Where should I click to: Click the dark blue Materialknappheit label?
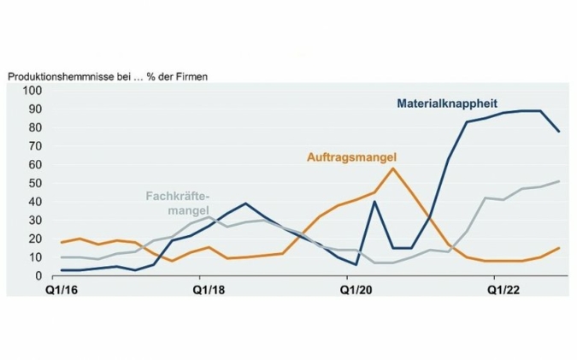pos(447,104)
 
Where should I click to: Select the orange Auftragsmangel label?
pos(354,156)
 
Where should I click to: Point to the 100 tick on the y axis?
pos(32,91)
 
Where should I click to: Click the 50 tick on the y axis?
pos(35,184)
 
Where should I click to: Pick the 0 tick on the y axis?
pos(38,276)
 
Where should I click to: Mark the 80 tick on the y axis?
pos(35,128)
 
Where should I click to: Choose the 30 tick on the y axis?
pos(35,221)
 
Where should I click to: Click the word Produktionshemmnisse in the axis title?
pos(62,75)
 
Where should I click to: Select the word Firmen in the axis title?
pos(190,75)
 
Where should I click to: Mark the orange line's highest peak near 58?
pos(392,168)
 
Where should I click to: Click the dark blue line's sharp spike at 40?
pos(374,202)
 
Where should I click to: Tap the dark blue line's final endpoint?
pos(559,132)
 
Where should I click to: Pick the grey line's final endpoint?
pos(559,181)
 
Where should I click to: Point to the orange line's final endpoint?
pos(559,248)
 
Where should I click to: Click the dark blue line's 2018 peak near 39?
pos(245,204)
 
